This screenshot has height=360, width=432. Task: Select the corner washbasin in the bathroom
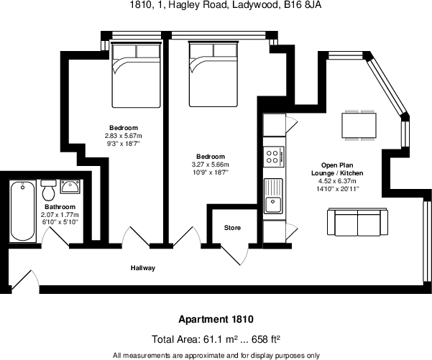point(70,188)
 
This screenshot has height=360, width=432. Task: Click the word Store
point(231,228)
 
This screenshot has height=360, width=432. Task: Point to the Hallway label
point(142,268)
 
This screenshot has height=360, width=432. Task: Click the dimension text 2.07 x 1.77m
point(60,216)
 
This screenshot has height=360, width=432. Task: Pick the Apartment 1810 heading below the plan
point(216,318)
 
